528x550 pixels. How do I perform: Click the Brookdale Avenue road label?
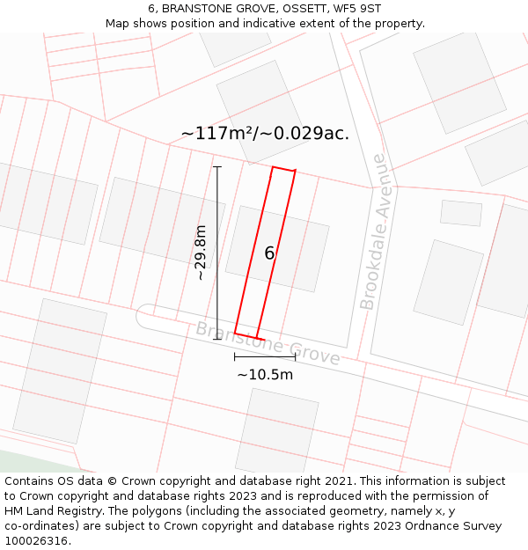373,232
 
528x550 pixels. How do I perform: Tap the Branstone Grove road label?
268,343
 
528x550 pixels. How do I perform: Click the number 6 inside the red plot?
269,253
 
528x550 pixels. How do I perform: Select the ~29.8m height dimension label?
202,252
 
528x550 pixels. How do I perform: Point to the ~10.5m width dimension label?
265,374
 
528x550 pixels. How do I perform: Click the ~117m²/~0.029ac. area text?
265,134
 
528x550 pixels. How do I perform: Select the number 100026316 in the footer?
36,541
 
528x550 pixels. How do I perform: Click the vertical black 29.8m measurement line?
217,253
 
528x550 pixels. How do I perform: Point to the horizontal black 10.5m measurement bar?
264,356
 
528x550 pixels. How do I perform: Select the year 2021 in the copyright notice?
339,481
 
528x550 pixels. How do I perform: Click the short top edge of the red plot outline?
283,169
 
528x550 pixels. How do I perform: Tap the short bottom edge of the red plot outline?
249,335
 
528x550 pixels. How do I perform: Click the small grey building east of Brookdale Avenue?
461,213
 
